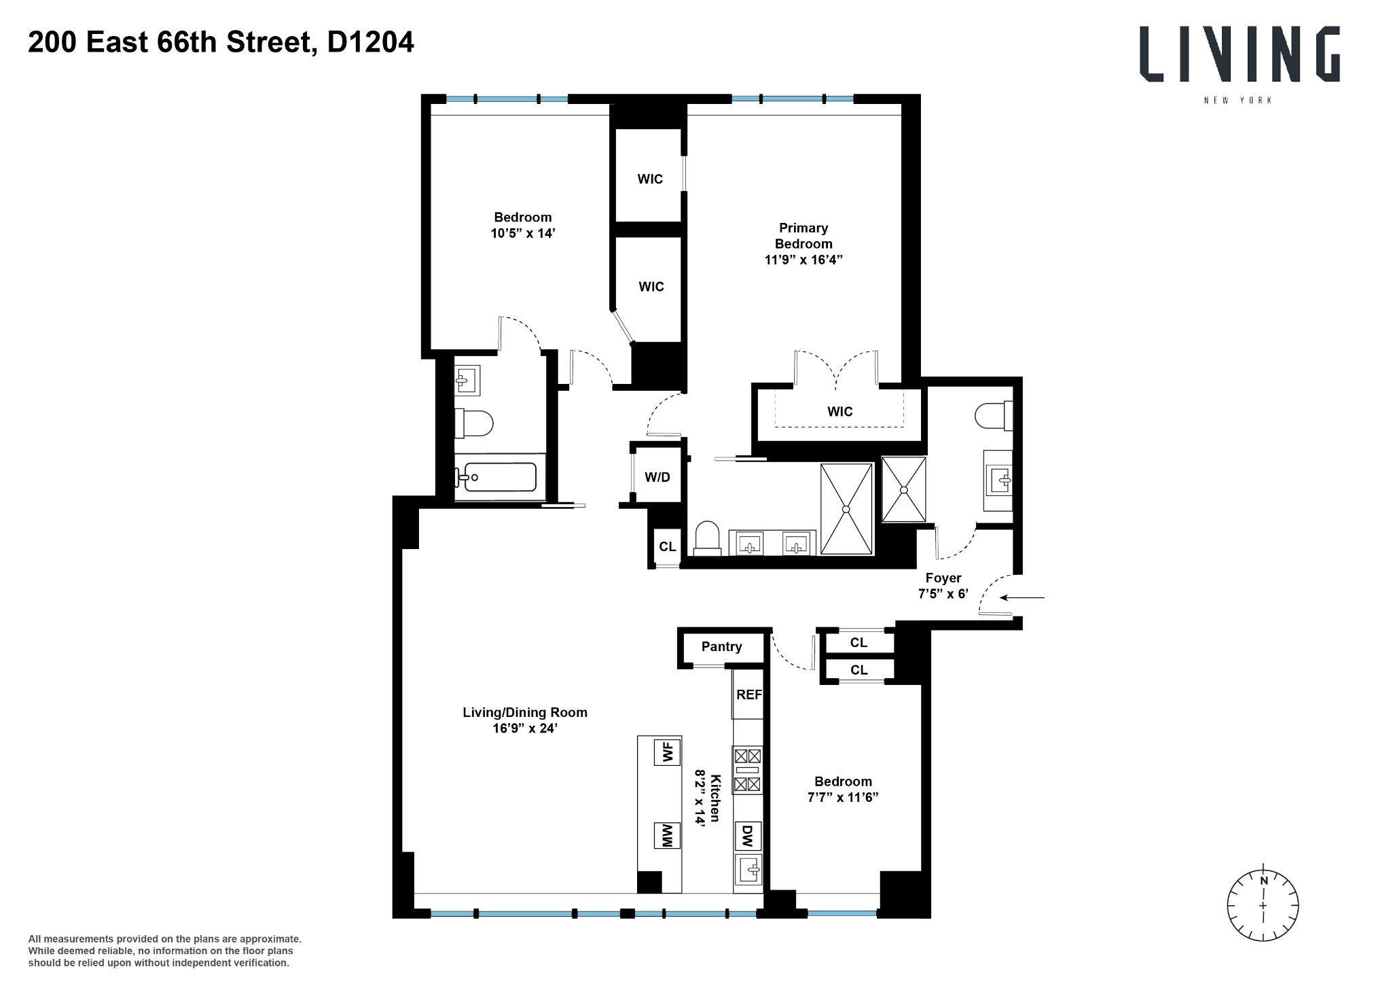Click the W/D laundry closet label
[x=657, y=477]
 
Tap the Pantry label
[x=721, y=646]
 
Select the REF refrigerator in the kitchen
[x=748, y=695]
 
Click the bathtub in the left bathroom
[x=496, y=477]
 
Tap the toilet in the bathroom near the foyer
[x=993, y=416]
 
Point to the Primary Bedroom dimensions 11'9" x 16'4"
[x=803, y=260]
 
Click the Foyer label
[x=943, y=578]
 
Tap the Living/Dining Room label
[x=524, y=712]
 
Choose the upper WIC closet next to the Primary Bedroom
[x=649, y=179]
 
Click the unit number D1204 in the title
[x=370, y=43]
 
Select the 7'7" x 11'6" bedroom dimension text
[x=842, y=797]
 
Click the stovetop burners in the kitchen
[x=746, y=770]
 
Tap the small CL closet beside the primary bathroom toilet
[x=667, y=546]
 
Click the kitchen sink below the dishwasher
[x=748, y=869]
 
